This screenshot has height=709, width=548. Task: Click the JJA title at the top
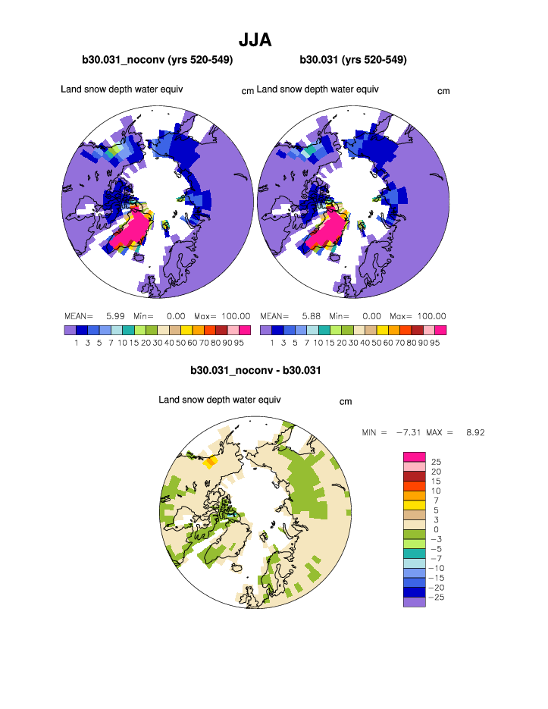coord(255,39)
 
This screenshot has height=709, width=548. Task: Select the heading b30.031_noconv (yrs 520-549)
coord(157,60)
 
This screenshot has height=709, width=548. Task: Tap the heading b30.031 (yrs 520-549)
coord(353,60)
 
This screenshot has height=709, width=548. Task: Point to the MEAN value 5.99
coord(114,316)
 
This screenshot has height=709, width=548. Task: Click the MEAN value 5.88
coord(311,316)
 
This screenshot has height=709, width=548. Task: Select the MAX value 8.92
coord(475,432)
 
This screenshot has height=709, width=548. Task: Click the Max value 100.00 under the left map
coord(236,316)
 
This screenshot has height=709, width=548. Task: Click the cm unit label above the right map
coord(443,91)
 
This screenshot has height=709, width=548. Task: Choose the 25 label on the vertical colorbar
coord(436,462)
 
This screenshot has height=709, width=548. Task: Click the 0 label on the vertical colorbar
coord(436,529)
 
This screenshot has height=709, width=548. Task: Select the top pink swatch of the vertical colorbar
coord(414,456)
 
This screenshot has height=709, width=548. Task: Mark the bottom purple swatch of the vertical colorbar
coord(414,602)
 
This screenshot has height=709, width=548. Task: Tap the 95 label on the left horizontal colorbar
coord(244,343)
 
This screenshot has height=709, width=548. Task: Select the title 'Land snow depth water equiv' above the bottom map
coord(220,400)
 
